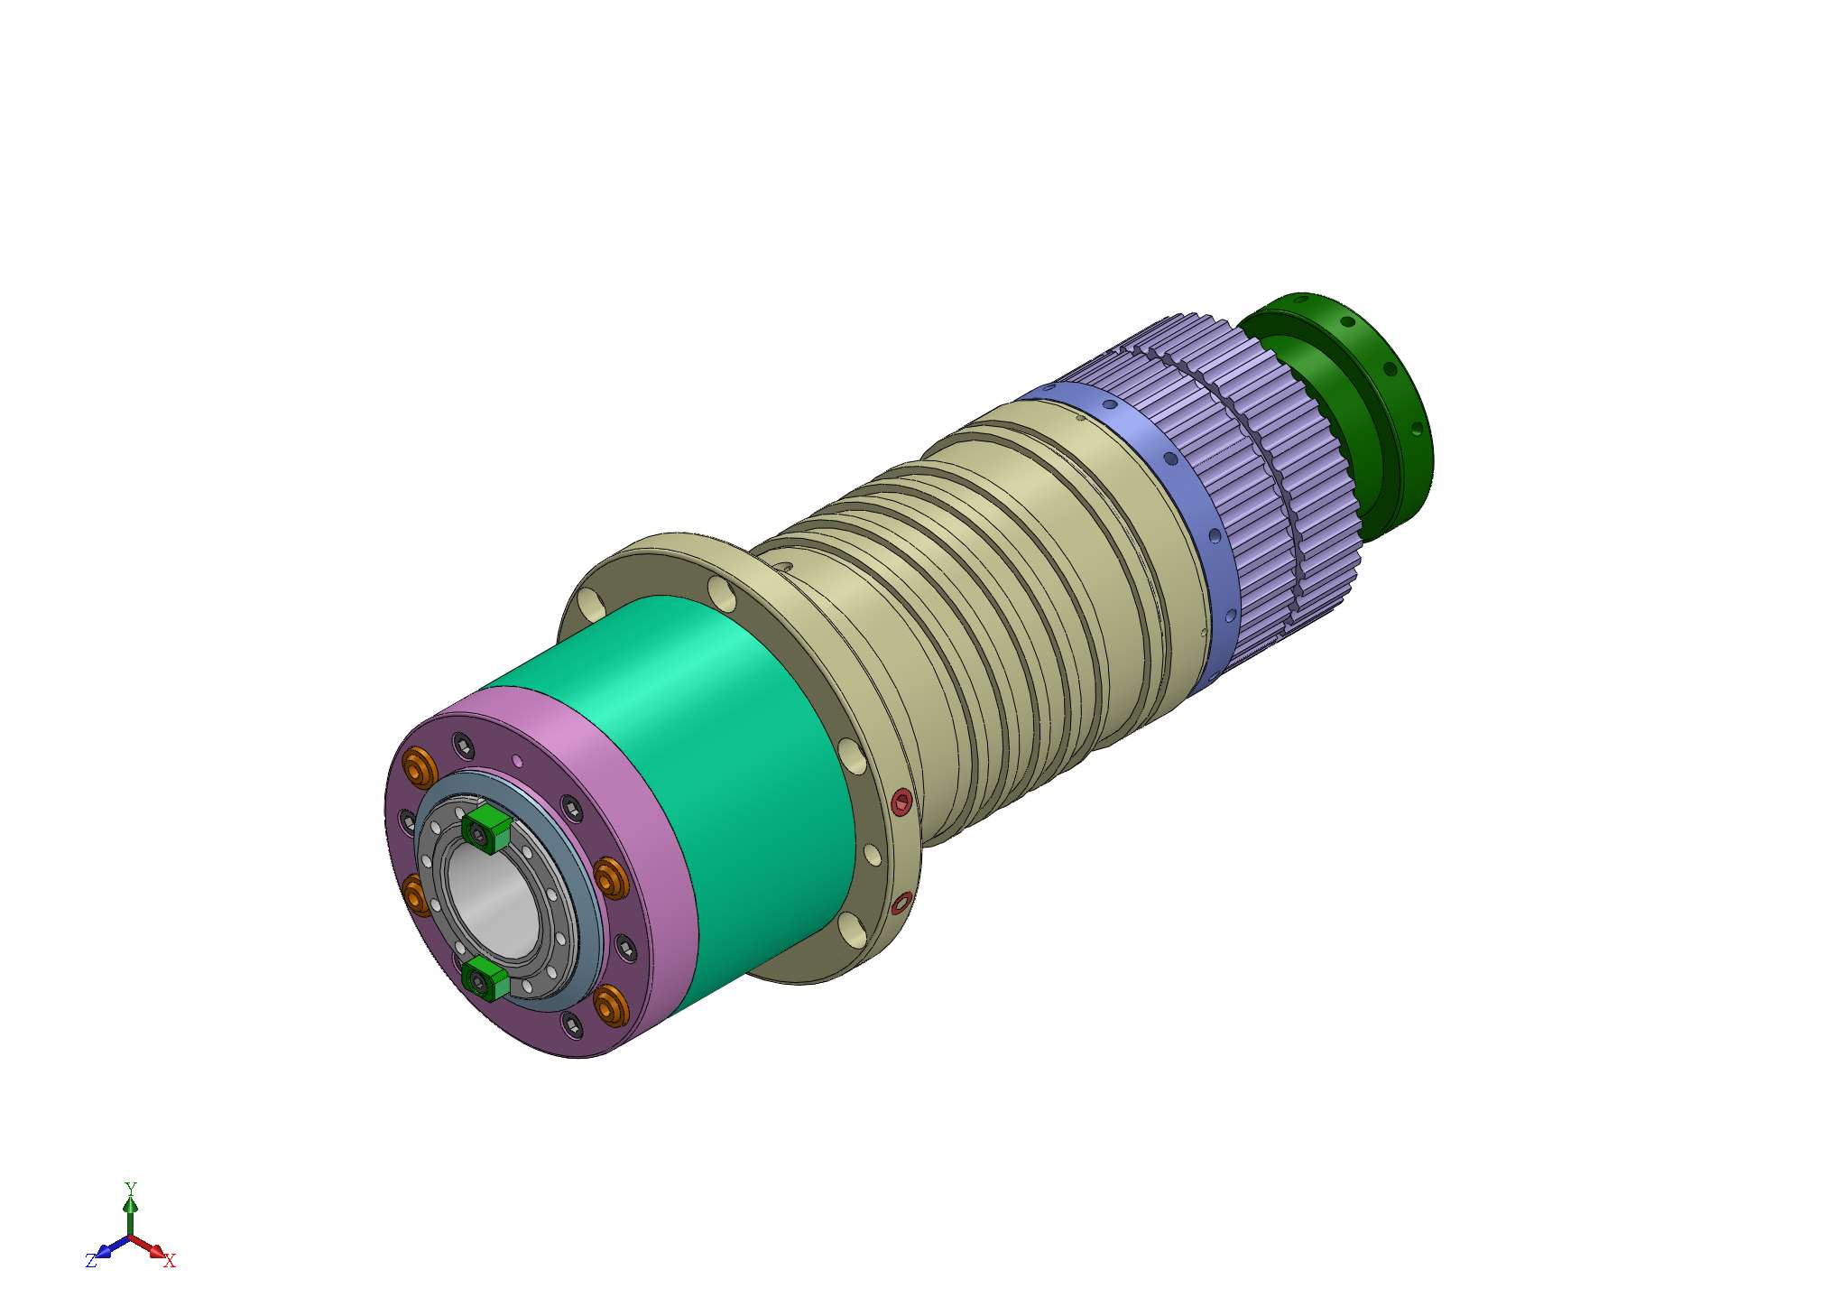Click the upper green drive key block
pos(486,826)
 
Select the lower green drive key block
pos(485,978)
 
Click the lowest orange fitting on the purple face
pos(611,1005)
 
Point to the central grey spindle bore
pos(494,903)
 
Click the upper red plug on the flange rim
pos(901,802)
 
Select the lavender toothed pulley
pos(1263,469)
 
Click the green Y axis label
pos(130,1188)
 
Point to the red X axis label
pos(170,1261)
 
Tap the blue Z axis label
pos(90,1261)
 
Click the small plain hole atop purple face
pos(517,760)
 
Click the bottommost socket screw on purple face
pos(572,1023)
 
